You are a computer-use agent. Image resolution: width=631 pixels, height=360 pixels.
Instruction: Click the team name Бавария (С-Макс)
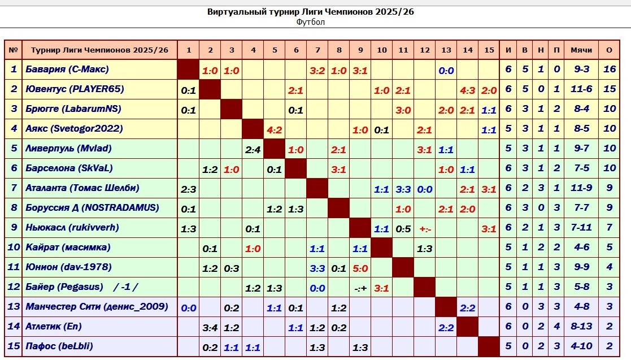tap(67, 70)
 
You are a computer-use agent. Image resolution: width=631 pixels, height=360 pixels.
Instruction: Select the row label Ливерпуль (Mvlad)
tap(68, 149)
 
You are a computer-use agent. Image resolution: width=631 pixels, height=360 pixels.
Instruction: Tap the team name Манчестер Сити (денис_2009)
tap(97, 307)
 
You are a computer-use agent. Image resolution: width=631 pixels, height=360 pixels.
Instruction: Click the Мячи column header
tap(581, 50)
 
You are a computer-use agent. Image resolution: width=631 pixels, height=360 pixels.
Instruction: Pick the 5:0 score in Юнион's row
tap(360, 268)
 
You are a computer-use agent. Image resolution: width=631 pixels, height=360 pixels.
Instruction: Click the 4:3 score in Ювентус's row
tap(468, 90)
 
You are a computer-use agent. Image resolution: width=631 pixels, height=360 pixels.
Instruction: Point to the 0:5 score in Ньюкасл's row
tap(403, 228)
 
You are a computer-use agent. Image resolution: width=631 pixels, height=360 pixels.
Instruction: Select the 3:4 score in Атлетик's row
tap(210, 327)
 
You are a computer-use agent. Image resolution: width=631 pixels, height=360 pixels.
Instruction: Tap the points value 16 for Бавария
tap(609, 70)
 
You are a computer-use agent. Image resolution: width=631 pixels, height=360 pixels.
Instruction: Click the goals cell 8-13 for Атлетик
tap(581, 327)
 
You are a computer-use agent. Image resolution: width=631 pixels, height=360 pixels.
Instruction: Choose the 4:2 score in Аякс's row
tap(275, 129)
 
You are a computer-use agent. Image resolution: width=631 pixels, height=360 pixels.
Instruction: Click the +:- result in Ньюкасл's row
tap(425, 228)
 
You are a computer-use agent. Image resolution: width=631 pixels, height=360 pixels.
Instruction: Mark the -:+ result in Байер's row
tap(360, 288)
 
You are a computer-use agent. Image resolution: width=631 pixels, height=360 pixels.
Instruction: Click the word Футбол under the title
tap(310, 22)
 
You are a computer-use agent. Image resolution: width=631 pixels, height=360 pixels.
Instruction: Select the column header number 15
tap(489, 50)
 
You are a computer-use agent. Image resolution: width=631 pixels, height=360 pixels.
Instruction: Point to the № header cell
tap(14, 50)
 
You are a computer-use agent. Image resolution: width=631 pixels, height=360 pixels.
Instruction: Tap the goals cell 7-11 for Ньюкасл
tap(581, 228)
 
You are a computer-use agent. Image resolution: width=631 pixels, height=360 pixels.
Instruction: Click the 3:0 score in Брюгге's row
tap(403, 110)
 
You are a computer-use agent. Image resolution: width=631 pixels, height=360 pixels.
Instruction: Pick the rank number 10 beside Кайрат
tap(14, 248)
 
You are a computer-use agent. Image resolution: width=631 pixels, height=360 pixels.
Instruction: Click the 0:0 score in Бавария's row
tap(446, 71)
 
